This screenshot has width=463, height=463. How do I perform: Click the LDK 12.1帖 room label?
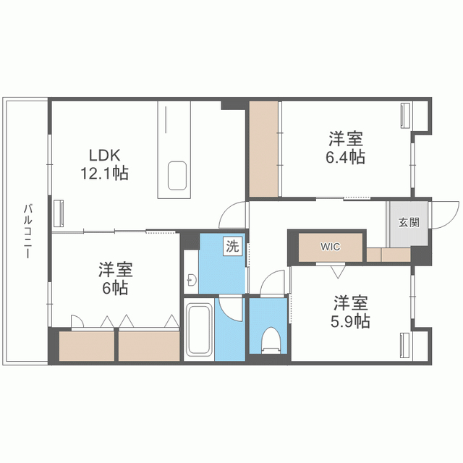[x=109, y=164]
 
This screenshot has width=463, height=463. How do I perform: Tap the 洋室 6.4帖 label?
[x=345, y=147]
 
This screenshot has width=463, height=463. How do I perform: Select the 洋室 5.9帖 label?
[x=352, y=312]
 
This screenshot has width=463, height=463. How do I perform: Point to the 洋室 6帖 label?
[x=115, y=279]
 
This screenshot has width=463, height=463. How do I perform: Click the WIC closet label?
[x=331, y=246]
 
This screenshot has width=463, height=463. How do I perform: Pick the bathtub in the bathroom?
[x=198, y=330]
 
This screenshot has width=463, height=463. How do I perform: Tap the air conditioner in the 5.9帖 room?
[x=404, y=345]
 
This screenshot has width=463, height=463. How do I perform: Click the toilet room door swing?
[x=273, y=283]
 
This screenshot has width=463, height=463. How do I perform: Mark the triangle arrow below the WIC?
[x=337, y=272]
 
